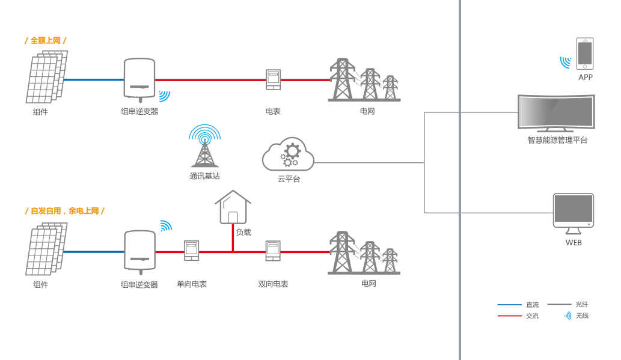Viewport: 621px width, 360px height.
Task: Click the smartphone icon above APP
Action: [585, 53]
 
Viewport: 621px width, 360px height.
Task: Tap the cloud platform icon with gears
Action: [288, 154]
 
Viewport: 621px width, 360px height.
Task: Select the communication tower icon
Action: [204, 147]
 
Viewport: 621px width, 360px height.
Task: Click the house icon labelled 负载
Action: [233, 207]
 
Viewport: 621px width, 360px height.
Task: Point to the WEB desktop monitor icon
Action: [574, 213]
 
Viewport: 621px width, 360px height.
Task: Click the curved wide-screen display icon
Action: [556, 112]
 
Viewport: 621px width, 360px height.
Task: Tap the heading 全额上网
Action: [46, 40]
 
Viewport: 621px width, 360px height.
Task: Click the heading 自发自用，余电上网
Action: [65, 211]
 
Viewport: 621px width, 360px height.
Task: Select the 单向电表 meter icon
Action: [191, 251]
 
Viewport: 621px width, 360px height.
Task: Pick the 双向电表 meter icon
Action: [273, 251]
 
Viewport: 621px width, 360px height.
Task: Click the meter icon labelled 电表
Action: [273, 79]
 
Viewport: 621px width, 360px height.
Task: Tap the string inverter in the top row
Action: [139, 79]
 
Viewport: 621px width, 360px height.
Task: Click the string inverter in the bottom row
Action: [139, 251]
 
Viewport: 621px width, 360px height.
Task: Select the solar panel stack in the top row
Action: [46, 78]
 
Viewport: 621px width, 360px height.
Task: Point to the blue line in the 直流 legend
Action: [509, 305]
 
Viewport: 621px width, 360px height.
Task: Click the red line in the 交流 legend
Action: [509, 316]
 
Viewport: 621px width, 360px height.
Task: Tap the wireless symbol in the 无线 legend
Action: [567, 316]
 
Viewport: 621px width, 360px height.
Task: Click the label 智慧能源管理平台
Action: [557, 140]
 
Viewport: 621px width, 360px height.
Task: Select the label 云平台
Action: [289, 179]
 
